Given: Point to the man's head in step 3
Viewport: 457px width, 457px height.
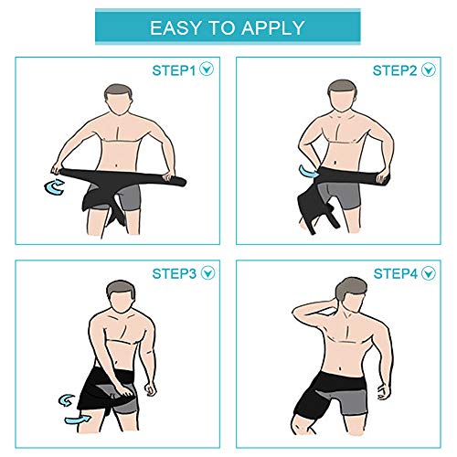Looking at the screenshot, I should coord(120,297).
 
